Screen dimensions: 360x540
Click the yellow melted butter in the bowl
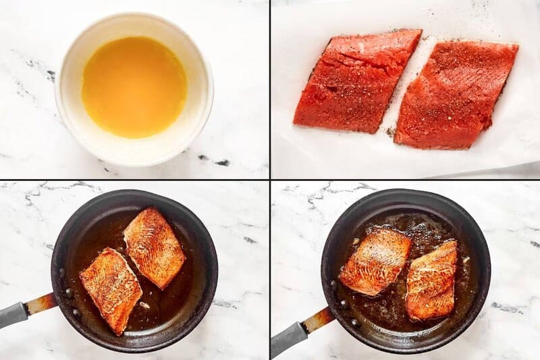pos(134,86)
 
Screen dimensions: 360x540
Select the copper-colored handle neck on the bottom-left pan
pos(40,303)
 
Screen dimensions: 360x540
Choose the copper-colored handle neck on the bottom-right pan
pos(318,318)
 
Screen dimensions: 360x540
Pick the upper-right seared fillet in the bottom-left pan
pos(154,247)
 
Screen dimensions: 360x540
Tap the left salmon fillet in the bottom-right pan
pos(375,261)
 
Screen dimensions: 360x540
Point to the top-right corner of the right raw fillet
pos(516,46)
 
